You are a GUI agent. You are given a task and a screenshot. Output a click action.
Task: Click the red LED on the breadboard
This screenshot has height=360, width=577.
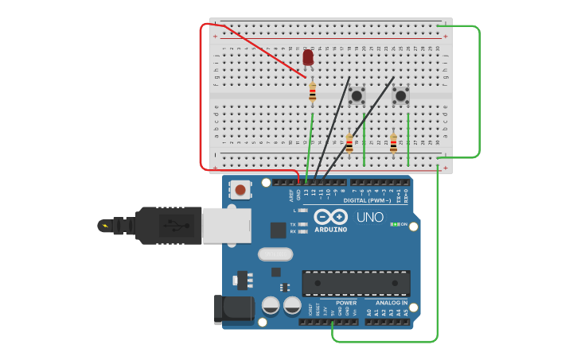click(308, 57)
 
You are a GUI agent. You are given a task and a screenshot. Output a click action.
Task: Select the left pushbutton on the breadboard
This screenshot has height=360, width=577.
click(357, 96)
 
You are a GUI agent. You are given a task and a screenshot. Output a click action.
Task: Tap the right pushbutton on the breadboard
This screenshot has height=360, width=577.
click(400, 96)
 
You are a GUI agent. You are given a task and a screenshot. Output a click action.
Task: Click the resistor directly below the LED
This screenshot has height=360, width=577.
click(313, 93)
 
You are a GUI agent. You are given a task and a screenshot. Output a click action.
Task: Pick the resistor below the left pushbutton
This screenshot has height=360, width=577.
click(349, 143)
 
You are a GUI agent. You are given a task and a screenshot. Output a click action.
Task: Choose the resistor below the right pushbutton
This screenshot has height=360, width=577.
click(393, 143)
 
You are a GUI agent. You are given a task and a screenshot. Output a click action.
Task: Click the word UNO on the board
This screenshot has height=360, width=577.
click(369, 217)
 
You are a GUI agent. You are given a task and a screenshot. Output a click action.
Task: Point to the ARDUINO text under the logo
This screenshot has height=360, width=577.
click(330, 230)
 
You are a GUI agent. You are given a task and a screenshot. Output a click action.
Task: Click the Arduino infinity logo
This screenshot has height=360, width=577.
click(330, 217)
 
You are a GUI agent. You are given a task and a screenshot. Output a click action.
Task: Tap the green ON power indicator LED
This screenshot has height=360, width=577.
click(394, 224)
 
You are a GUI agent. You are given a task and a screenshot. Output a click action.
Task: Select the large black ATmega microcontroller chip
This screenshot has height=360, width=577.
click(356, 282)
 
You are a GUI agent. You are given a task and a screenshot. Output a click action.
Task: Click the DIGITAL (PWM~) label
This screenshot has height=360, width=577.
click(367, 200)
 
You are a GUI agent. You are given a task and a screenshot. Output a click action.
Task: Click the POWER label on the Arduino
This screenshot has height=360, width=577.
click(346, 303)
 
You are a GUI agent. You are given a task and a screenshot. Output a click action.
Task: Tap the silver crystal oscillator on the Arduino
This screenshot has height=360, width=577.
click(275, 254)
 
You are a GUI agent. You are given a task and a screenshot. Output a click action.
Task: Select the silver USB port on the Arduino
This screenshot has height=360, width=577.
click(227, 225)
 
